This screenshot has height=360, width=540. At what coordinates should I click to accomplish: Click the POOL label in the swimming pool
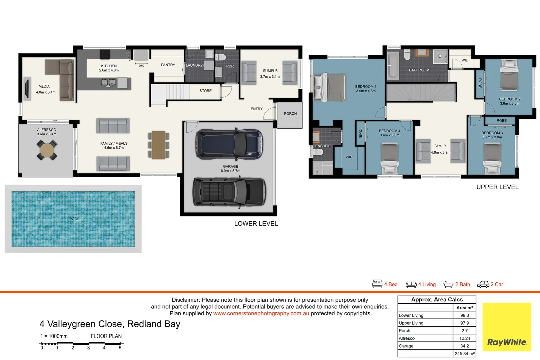coord(74,219)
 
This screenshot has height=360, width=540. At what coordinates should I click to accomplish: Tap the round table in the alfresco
coord(47,150)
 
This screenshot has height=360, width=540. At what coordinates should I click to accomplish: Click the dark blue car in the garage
coord(229,144)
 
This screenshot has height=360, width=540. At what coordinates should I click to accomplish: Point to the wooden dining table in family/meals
coord(158,145)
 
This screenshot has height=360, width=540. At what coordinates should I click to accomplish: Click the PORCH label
coord(290,114)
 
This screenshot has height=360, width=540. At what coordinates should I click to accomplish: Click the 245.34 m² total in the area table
coord(464,354)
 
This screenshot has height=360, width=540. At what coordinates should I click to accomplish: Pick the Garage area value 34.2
coord(464,346)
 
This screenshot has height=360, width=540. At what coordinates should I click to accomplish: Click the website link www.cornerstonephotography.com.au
coord(261,313)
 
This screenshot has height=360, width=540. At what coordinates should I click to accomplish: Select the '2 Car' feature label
coord(497,284)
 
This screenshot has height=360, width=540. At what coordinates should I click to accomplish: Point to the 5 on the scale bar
coord(120,348)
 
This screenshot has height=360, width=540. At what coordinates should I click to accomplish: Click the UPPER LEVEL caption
coord(497,187)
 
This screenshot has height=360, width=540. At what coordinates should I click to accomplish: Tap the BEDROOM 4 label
coord(389,131)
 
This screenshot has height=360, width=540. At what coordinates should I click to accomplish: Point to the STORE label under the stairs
coord(205,91)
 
